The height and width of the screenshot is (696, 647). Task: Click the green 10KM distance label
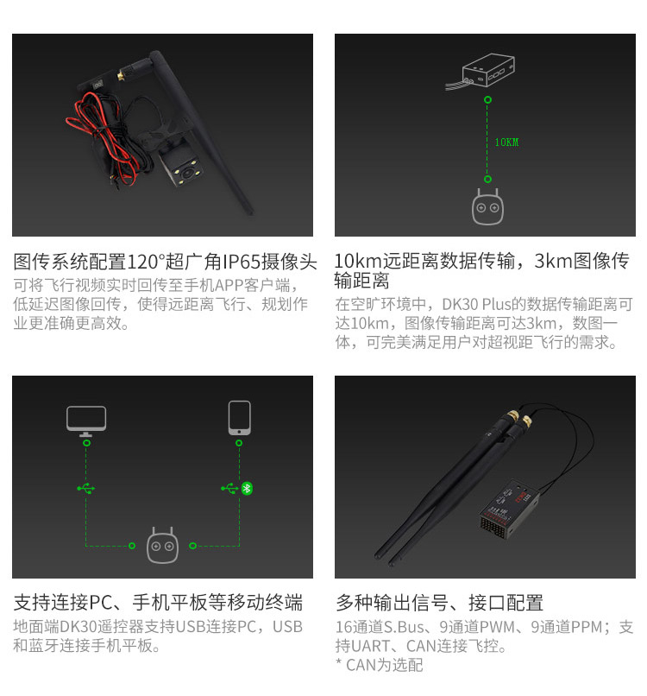(506, 142)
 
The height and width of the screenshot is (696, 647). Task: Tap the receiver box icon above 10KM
(481, 72)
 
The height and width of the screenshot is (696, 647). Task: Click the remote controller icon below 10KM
(487, 207)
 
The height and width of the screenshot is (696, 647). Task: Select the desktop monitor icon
(86, 421)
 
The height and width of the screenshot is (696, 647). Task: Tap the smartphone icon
(240, 418)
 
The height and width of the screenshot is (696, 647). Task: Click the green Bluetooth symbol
(247, 488)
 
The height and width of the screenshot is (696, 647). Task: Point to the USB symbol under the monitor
(85, 488)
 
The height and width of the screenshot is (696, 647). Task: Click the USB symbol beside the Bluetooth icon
(229, 488)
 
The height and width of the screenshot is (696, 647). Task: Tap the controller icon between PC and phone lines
(162, 546)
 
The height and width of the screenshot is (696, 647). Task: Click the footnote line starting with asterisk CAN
(380, 665)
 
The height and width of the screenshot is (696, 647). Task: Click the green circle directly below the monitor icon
(87, 443)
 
